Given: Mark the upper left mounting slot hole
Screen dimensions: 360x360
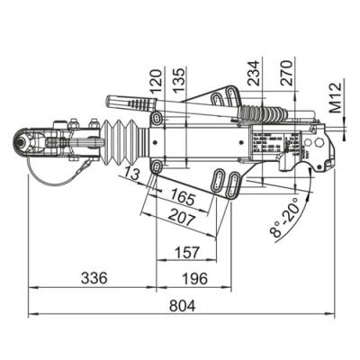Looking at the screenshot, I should point(157,120).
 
